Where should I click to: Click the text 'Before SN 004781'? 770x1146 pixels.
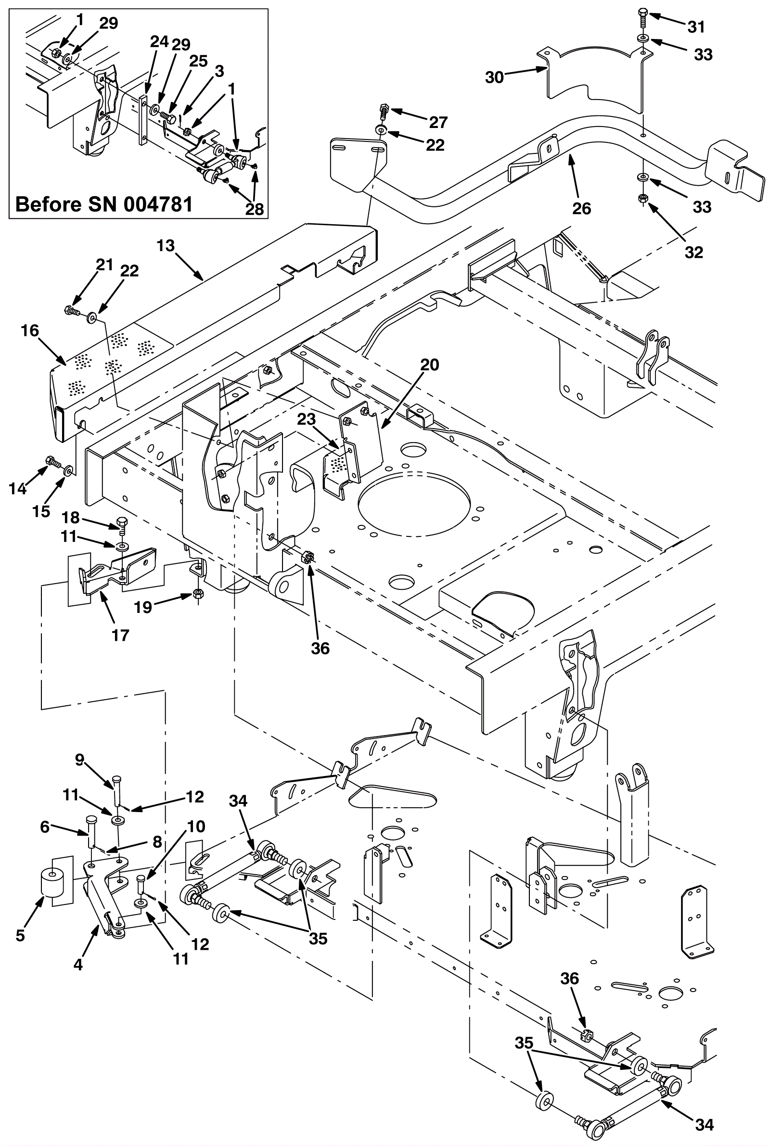click(104, 204)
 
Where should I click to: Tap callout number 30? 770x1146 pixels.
click(495, 77)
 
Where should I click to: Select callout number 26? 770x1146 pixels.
click(582, 208)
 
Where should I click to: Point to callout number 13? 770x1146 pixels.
click(166, 245)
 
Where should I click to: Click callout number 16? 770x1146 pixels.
click(30, 331)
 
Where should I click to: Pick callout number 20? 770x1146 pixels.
click(430, 365)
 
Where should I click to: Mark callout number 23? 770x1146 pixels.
click(306, 419)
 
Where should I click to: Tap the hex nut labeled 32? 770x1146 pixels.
click(642, 198)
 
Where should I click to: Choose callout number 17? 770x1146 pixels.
click(120, 635)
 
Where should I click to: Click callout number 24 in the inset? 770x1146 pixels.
click(159, 42)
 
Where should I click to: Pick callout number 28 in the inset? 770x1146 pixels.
click(255, 209)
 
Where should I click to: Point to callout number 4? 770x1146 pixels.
click(78, 965)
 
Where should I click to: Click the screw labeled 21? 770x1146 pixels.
click(70, 310)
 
